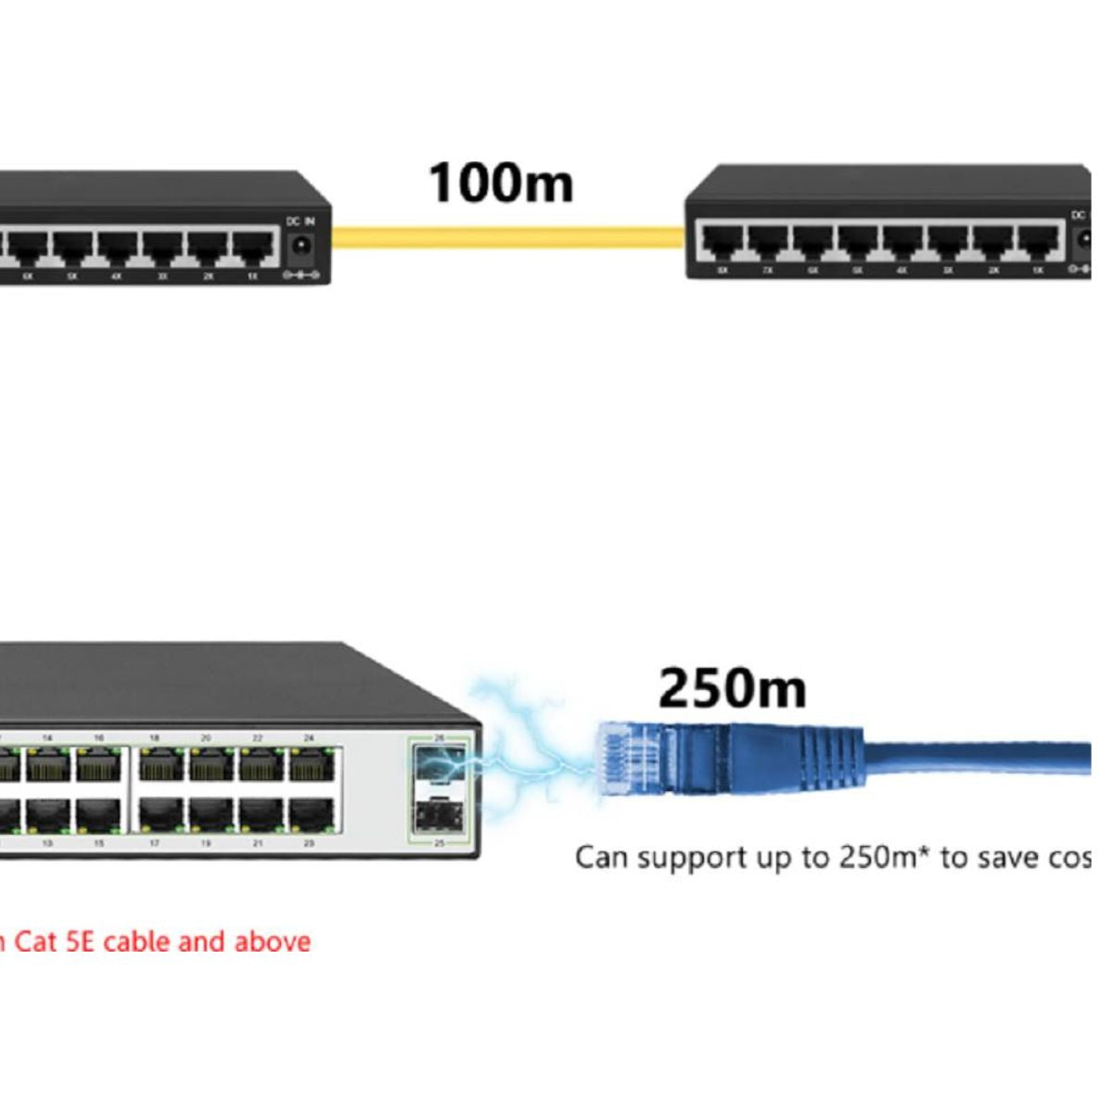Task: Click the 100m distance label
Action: [x=501, y=182]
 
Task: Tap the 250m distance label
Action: [x=732, y=688]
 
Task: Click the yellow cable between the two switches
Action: [x=507, y=238]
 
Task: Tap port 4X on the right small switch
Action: [x=902, y=241]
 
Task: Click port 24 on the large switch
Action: [x=312, y=766]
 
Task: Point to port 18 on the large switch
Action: [x=160, y=766]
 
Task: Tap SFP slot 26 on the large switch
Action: [x=439, y=764]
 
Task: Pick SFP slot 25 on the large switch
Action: [x=439, y=815]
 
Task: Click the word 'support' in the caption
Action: [x=688, y=858]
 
